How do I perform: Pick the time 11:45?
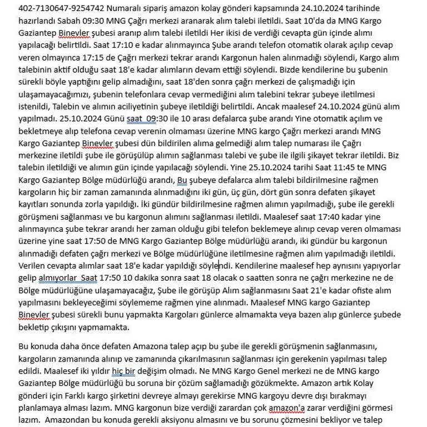pos(338,166)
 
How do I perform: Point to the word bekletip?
pos(35,326)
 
